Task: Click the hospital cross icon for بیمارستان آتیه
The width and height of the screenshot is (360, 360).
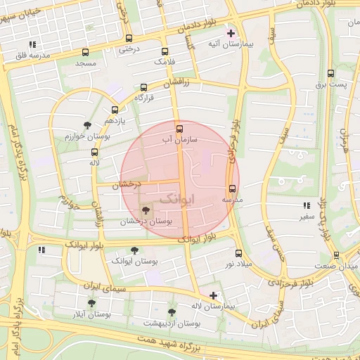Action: pos(231,33)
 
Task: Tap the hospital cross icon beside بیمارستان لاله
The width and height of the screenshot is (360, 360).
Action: pos(214,295)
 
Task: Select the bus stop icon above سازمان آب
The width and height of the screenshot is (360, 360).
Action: pos(179,129)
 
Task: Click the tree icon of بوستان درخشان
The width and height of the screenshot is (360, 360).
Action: pos(146,210)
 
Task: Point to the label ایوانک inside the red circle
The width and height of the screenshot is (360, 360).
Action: pos(175,199)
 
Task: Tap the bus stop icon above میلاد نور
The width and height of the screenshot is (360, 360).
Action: pos(238,253)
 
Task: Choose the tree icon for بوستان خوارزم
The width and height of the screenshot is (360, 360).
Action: pos(87,125)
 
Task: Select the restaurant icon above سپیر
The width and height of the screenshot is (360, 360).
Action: pos(306,206)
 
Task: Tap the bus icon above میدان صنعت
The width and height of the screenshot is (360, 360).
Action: pos(336,255)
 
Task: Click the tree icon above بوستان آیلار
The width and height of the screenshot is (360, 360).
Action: pos(91,303)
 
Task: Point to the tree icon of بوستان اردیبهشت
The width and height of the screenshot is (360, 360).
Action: pos(172,312)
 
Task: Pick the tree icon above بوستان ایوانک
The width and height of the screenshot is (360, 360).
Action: pos(134,250)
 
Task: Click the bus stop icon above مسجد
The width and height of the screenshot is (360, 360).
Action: pos(86,53)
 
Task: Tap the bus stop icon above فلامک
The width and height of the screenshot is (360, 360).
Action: pos(165,51)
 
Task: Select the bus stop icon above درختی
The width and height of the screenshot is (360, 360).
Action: pos(128,39)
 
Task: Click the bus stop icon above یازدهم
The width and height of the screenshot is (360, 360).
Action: pos(115,110)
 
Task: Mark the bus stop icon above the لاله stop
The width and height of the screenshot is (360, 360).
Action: pos(94,152)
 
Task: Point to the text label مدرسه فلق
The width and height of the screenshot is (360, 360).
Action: pos(29,55)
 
